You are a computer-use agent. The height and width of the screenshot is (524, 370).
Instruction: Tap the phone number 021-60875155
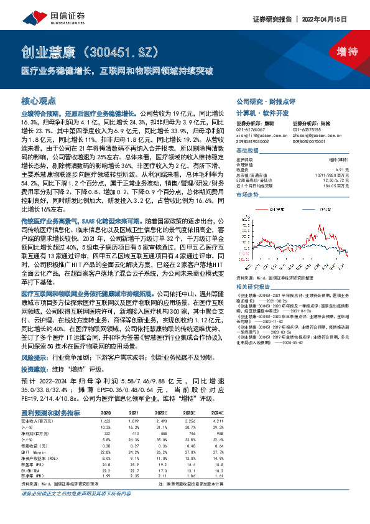click(307, 129)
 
